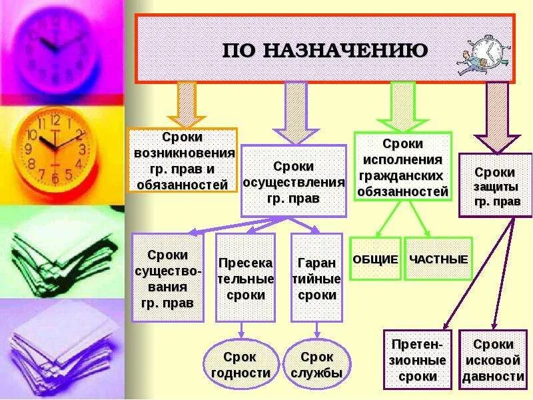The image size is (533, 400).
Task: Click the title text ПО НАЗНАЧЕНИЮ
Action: point(324,50)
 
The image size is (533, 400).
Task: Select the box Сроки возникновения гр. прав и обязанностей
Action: point(183,160)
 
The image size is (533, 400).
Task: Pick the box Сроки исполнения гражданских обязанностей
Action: point(402,167)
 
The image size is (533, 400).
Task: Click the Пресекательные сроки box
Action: point(245,277)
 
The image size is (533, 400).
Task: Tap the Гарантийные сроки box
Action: point(316,277)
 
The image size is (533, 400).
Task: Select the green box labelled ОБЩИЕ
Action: point(375,259)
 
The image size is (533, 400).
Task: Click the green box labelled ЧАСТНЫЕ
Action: point(438,259)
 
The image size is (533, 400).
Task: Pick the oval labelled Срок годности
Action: point(240,365)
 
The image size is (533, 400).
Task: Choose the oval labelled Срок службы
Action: point(316,365)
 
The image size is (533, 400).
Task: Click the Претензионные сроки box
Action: point(417,360)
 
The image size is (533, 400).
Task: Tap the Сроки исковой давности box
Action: point(493,360)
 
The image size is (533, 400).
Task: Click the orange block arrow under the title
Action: point(187,104)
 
